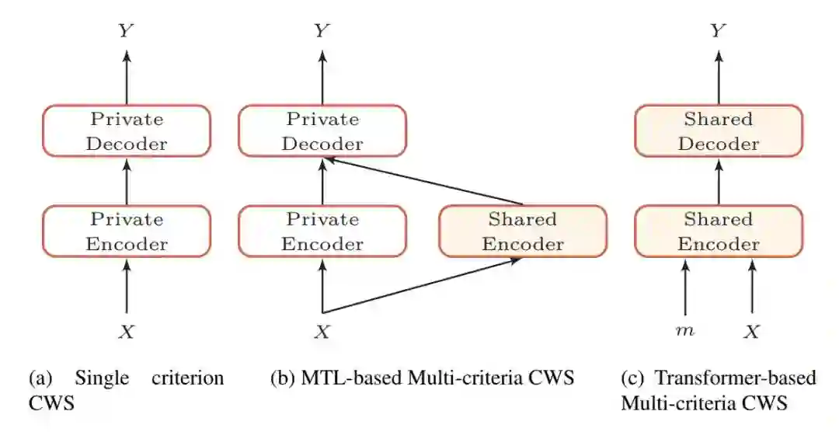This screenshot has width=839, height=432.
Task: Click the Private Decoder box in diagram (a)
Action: point(127,131)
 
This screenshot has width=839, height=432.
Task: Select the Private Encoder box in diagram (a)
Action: point(127,232)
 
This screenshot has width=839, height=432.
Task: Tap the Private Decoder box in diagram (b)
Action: point(322,131)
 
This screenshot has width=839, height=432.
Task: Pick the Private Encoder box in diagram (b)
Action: point(322,232)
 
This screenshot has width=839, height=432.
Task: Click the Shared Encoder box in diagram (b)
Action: point(523,232)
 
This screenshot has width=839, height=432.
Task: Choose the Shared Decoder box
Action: point(719,131)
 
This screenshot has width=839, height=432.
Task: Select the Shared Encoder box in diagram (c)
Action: point(719,232)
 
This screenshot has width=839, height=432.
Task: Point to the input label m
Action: point(685,332)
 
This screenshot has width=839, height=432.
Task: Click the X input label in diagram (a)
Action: point(127,332)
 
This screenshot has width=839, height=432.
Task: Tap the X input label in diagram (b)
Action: point(322,332)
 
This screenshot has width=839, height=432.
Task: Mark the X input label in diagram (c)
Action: point(752,332)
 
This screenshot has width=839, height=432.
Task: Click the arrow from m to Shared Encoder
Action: point(685,287)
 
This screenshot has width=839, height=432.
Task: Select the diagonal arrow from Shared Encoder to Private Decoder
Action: point(423,181)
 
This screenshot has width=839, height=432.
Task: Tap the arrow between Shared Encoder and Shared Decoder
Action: point(719,181)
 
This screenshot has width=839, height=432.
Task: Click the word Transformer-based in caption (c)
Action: point(736,378)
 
